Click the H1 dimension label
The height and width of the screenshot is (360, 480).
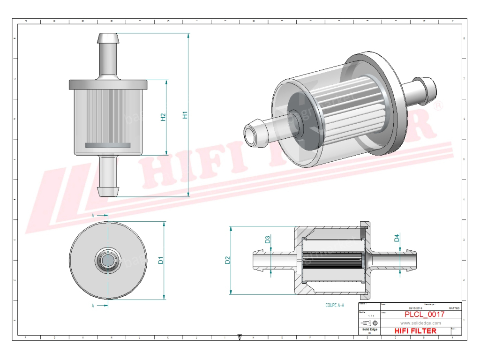(185, 115)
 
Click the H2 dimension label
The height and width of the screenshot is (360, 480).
(163, 117)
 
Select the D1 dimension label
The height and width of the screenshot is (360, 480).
(160, 260)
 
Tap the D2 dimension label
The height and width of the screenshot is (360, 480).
(227, 260)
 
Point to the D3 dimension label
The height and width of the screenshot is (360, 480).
(268, 240)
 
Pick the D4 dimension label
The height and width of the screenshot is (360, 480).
(397, 238)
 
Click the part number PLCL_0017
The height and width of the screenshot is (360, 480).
(424, 315)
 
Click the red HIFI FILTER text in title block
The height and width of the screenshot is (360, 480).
(415, 331)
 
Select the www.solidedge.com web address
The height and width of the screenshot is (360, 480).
(420, 323)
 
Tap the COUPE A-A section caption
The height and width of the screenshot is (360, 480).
(335, 305)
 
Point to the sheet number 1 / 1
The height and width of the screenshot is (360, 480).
(371, 316)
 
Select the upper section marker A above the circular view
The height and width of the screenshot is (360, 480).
(93, 216)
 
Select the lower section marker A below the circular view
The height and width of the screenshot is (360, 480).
(93, 306)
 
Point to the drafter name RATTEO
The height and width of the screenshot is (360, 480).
(454, 308)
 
